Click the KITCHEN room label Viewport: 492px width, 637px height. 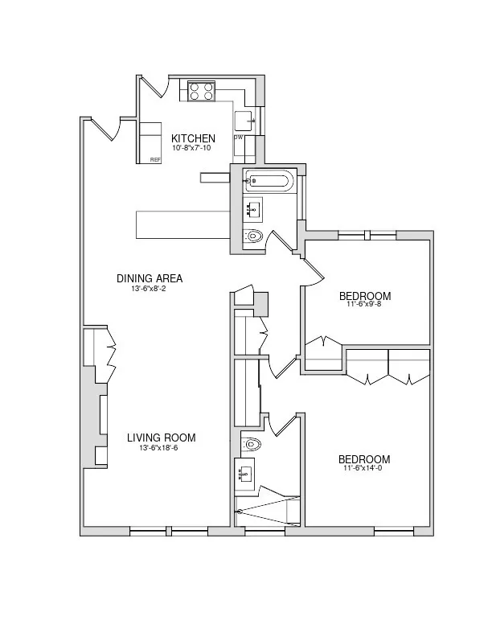point(193,138)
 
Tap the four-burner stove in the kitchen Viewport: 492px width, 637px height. point(201,92)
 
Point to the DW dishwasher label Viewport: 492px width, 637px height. point(238,138)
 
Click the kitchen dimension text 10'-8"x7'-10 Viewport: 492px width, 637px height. point(192,149)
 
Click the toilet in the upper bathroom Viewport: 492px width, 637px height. point(253,236)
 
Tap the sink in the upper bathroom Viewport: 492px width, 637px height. point(253,209)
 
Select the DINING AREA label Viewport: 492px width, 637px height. point(150,279)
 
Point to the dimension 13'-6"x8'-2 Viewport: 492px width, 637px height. point(150,289)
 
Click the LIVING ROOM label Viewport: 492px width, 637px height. point(161,438)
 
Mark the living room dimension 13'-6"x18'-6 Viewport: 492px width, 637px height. point(161,448)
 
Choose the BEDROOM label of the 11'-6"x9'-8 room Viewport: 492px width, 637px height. point(364,295)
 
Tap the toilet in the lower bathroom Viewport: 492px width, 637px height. point(251,443)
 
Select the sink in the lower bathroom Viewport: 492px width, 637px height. point(245,475)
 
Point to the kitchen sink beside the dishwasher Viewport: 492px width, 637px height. point(244,121)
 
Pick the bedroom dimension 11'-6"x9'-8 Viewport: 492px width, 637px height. point(364,305)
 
